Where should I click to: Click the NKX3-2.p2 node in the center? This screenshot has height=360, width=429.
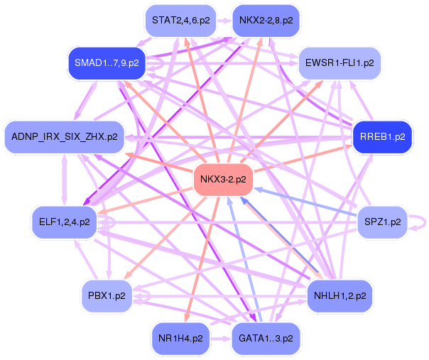[x=223, y=179]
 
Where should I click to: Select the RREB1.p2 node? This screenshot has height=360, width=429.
[x=382, y=136]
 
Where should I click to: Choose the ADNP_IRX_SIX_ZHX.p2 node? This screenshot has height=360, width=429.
[x=65, y=135]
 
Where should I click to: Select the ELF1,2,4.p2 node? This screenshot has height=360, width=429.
[x=64, y=222]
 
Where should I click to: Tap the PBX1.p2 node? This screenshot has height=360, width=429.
[x=107, y=295]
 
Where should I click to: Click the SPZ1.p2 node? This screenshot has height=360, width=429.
[x=381, y=222]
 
